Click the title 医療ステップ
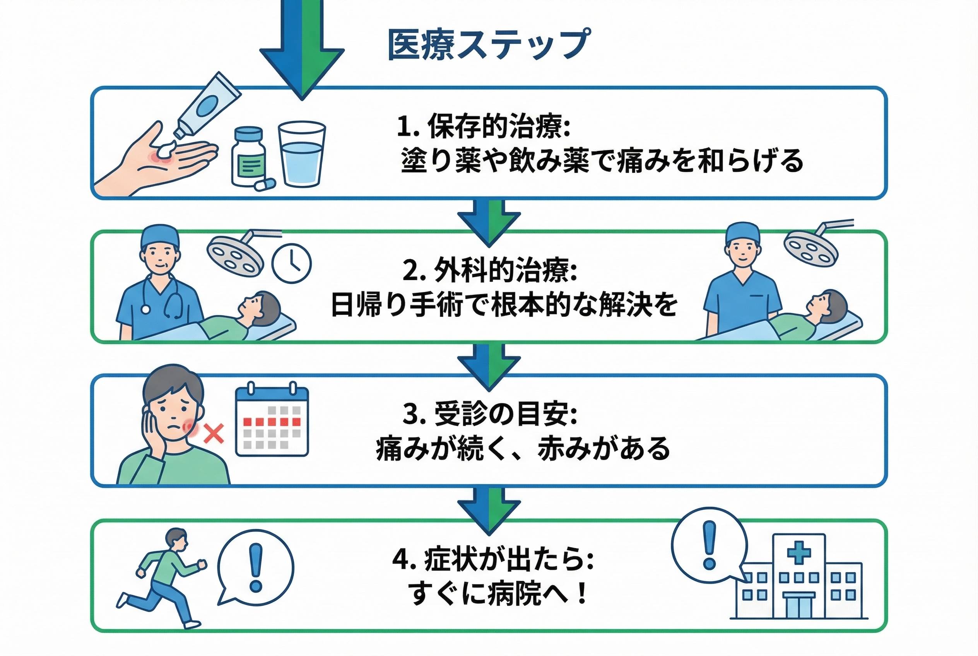(489, 45)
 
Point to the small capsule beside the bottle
(265, 184)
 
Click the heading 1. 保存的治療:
(483, 125)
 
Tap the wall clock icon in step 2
(292, 263)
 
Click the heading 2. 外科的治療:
(490, 270)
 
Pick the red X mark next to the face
(214, 434)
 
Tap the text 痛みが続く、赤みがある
(523, 449)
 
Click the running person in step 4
(165, 577)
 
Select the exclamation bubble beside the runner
(256, 567)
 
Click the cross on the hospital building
(798, 552)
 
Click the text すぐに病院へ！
(498, 594)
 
